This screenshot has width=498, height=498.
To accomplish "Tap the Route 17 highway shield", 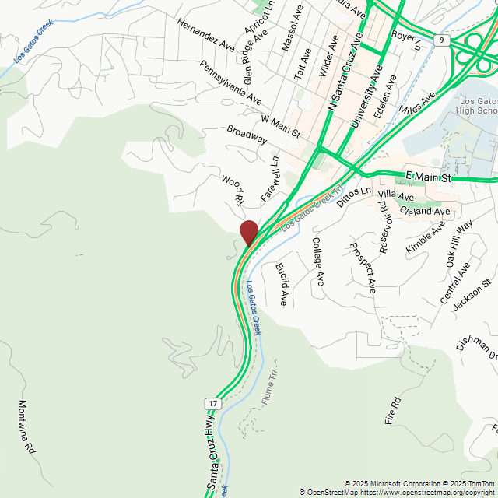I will pos(212,402).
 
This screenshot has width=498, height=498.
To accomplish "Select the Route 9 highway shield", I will pos(442,40).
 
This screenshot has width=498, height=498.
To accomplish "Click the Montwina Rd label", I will pos(26,427).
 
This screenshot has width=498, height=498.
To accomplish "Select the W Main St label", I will pos(281,126).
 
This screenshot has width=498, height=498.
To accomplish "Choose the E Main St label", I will pos(429,178).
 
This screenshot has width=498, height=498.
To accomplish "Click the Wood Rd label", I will pos(233,190).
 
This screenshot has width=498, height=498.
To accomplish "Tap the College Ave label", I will pos(317,261).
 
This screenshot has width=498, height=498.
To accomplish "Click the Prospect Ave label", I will pos(363,268).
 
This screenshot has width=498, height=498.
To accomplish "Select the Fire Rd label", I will pos(392,410).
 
